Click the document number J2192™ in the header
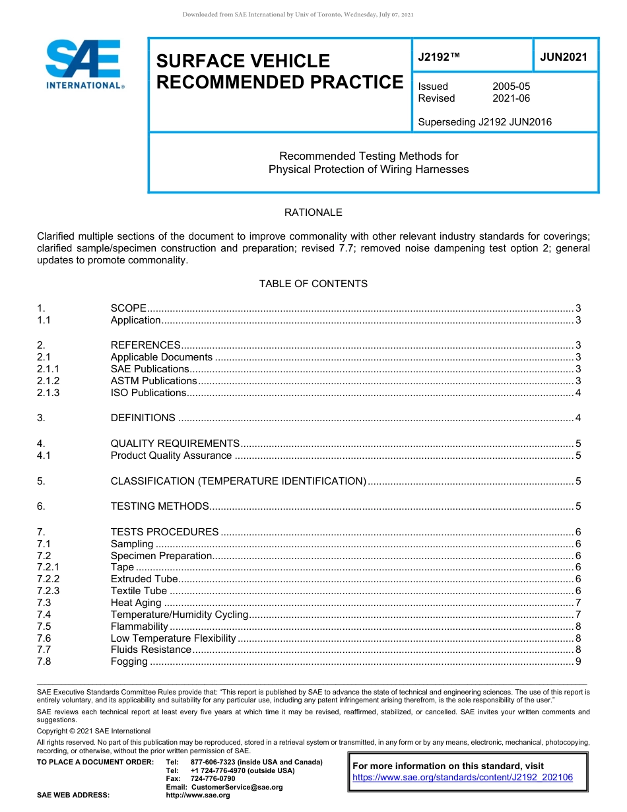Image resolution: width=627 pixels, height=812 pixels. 438,57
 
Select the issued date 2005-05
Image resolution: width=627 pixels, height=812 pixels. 511,86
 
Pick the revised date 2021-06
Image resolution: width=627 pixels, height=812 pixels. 511,98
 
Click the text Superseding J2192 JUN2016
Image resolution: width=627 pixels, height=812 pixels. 484,121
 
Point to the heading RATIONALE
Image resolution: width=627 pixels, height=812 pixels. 313,213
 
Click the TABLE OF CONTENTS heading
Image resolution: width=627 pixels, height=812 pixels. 313,284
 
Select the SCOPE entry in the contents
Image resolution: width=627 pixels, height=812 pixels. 129,308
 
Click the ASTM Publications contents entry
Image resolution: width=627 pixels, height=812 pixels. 154,381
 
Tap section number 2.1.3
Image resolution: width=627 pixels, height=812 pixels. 48,393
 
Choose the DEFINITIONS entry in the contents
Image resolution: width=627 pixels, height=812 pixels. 143,418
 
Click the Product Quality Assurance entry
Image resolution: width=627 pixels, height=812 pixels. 171,456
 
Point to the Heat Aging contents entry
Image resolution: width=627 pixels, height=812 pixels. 136,603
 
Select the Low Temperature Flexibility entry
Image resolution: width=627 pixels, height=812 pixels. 173,638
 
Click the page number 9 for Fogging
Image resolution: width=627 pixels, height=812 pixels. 577,661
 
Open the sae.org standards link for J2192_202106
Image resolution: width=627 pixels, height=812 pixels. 463,778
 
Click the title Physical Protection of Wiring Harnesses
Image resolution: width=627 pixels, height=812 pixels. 368,169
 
